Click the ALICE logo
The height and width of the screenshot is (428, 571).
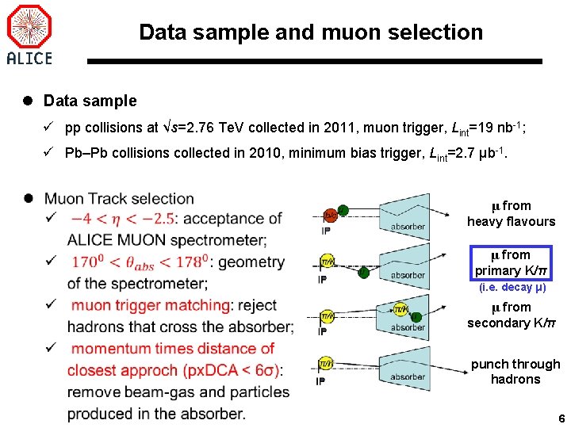coord(29,34)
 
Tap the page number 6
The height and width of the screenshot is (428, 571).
coord(561,418)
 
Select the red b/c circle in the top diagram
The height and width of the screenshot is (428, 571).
coord(329,214)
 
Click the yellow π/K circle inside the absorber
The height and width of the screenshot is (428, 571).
coord(401,310)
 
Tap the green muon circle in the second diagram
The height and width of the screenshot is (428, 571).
coord(363,273)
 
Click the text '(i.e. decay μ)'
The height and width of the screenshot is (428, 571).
coord(512,288)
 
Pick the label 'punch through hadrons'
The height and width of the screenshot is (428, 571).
coord(515,372)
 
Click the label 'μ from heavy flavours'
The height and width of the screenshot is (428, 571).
coord(511,214)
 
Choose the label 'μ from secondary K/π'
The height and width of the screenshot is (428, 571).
coord(511,315)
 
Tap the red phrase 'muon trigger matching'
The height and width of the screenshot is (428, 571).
coord(150,305)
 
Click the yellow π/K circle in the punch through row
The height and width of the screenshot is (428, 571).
coord(326,365)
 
